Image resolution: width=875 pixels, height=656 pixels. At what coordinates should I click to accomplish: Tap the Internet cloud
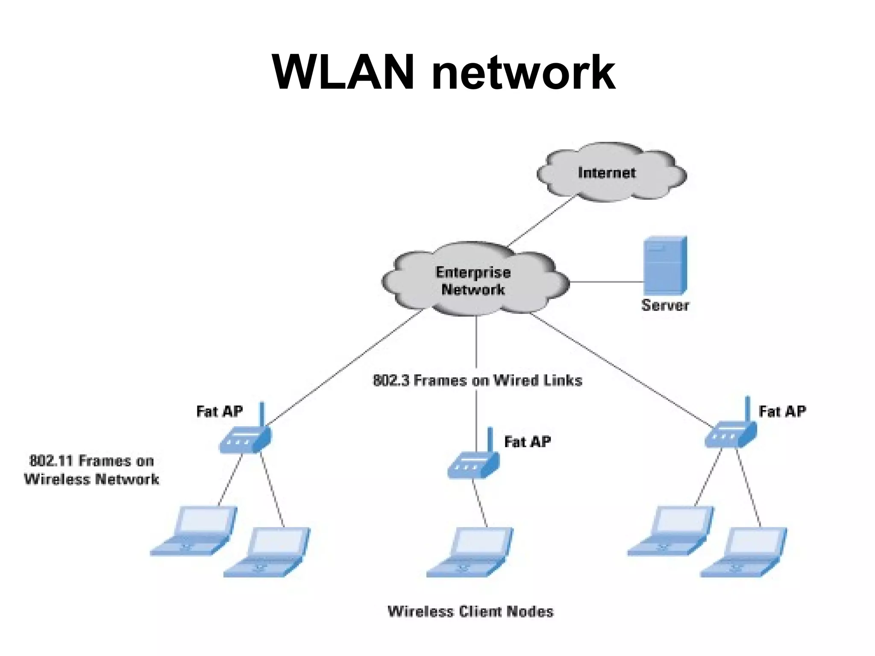pyautogui.click(x=611, y=173)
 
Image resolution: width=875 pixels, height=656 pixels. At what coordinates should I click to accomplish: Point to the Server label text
pyautogui.click(x=665, y=305)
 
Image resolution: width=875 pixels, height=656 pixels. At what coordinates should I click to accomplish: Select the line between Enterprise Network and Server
pyautogui.click(x=607, y=282)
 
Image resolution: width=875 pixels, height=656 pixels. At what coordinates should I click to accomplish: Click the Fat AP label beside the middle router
pyautogui.click(x=528, y=442)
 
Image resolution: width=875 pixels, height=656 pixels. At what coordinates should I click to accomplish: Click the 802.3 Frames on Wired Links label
pyautogui.click(x=478, y=380)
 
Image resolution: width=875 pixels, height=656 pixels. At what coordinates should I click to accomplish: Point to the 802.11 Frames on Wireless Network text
pyautogui.click(x=91, y=470)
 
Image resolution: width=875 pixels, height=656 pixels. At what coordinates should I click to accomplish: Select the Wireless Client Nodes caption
pyautogui.click(x=470, y=612)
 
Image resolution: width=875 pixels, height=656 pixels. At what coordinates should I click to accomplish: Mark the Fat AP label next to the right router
pyautogui.click(x=782, y=411)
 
